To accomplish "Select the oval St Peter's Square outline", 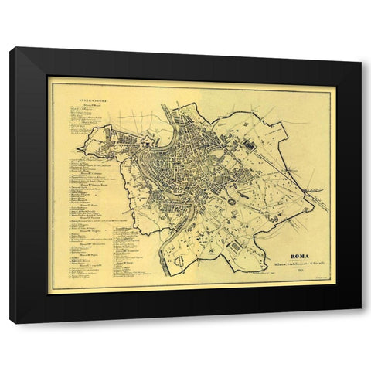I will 116,145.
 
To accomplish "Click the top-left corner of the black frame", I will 11,49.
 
